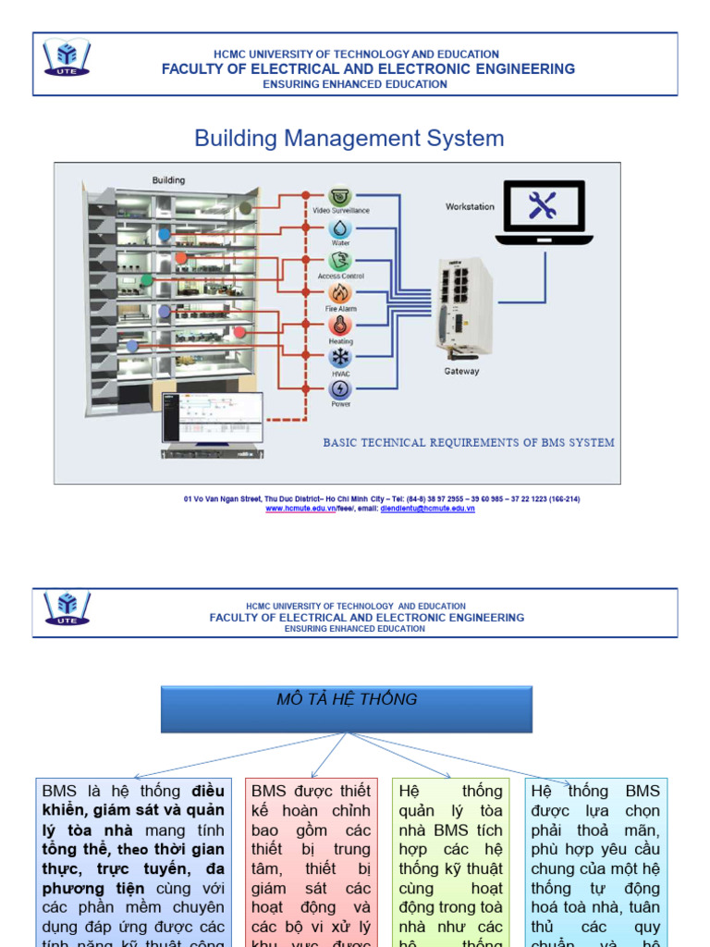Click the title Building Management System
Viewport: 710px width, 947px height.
pos(349,139)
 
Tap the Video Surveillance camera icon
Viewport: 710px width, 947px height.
pos(340,195)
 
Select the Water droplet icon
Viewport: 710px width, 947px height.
pos(340,228)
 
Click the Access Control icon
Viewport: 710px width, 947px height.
pos(340,261)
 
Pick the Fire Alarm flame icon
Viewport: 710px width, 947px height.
pos(340,293)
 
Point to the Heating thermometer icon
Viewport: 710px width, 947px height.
pos(340,326)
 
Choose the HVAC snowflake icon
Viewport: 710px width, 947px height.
pos(340,358)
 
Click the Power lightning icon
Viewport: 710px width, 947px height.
pos(340,388)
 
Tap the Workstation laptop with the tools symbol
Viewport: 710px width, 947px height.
pos(543,212)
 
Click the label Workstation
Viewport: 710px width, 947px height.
pos(470,207)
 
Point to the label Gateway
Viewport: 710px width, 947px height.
pos(461,372)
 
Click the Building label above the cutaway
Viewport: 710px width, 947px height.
pos(168,180)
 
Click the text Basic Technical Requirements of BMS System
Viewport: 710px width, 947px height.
pos(468,443)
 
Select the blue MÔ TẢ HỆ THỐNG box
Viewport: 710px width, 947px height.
pos(347,708)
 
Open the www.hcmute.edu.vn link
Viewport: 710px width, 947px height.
pos(300,510)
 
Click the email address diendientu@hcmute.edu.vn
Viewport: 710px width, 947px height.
pos(427,510)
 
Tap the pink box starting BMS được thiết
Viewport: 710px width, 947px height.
pos(311,860)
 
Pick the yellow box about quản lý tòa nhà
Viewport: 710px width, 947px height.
pos(450,860)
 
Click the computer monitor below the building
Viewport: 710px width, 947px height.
pos(213,419)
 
